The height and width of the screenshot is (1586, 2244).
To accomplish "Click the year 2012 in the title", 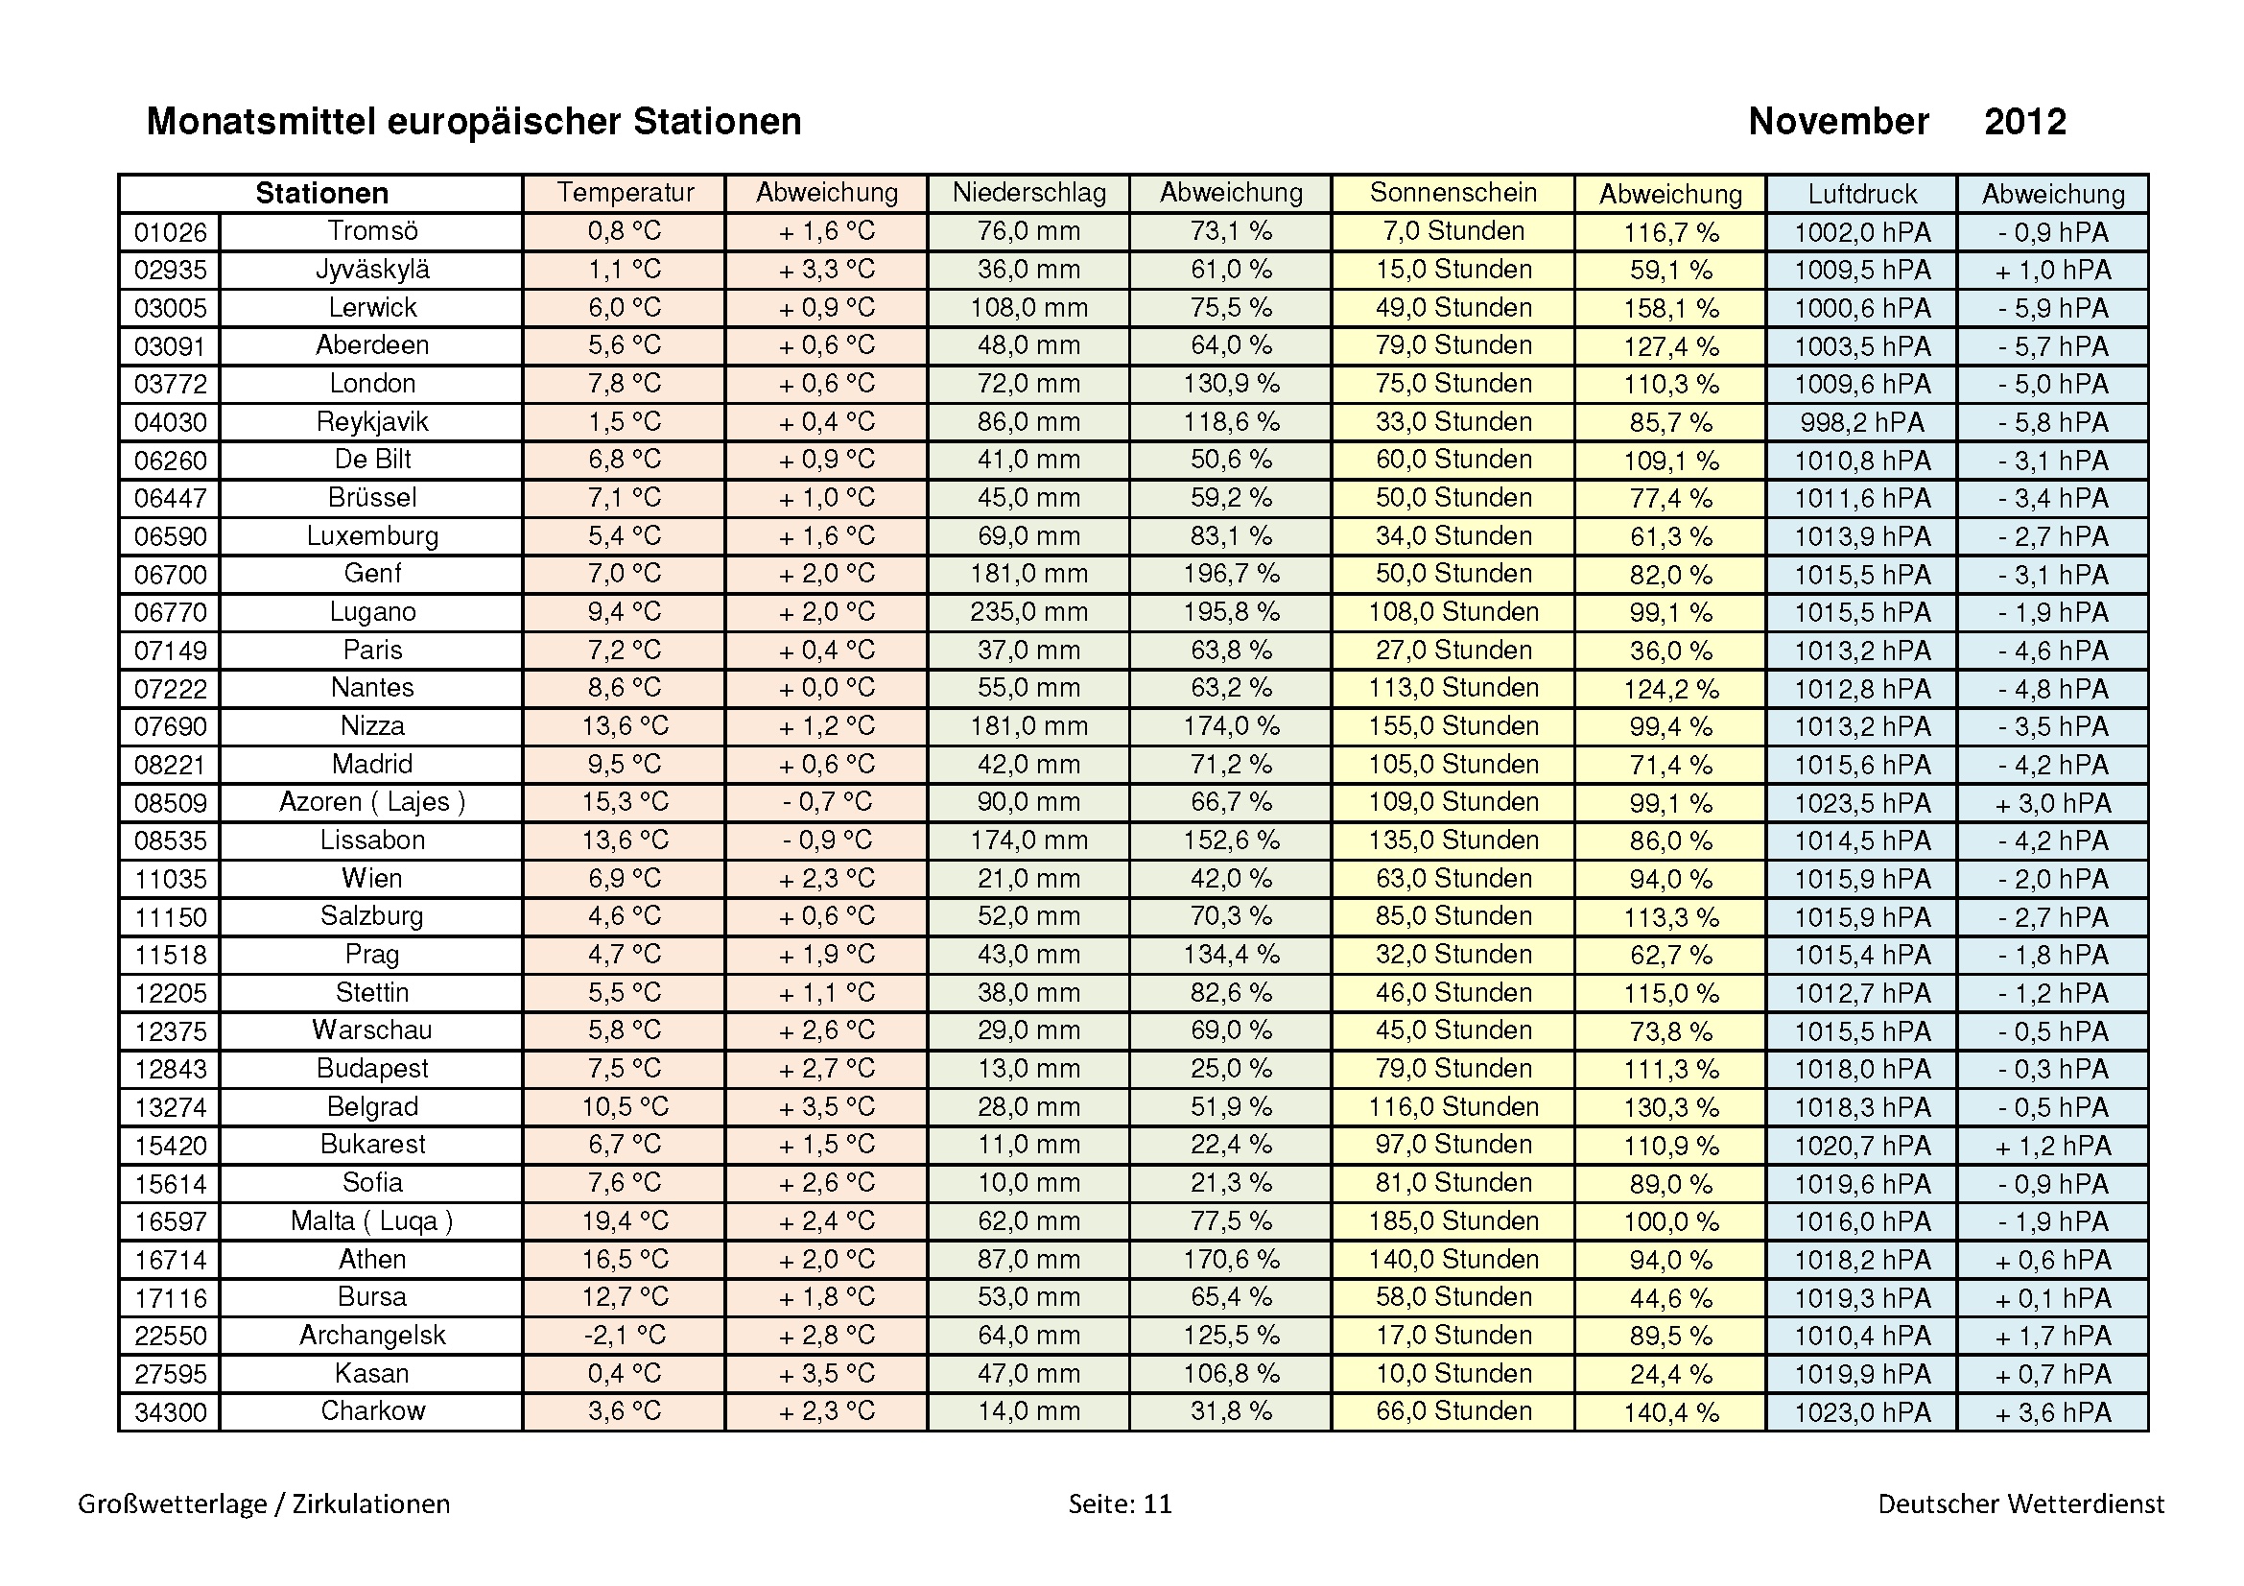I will point(2024,122).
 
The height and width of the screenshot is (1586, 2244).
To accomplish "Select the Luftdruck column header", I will point(1862,194).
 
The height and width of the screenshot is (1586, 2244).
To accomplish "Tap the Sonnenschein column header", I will point(1453,193).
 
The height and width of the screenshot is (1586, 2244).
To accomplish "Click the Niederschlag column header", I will point(1028,193).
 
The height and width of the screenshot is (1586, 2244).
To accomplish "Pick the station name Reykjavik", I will point(372,422).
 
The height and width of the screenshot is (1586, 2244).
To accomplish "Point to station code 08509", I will point(170,803).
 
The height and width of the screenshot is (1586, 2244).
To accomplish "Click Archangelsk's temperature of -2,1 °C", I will point(625,1335).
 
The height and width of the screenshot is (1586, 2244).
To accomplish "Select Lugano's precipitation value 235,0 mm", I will point(1028,612).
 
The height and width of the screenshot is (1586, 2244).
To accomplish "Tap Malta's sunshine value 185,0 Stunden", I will point(1453,1220).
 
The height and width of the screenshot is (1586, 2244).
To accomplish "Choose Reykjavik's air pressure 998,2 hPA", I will point(1862,422).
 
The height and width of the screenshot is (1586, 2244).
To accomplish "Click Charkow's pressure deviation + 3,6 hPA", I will point(2052,1412).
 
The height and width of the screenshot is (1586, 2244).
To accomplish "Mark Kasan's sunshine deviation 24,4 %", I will point(1670,1374).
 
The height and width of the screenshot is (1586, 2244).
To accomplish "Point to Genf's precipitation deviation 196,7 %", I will point(1231,574).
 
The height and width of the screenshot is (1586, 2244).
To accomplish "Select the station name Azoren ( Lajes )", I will point(372,802).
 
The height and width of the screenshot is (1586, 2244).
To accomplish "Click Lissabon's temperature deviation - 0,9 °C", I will point(826,840).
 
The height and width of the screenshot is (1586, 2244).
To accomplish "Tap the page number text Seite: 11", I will point(1119,1503).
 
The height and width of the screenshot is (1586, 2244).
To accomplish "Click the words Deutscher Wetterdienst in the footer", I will point(2020,1503).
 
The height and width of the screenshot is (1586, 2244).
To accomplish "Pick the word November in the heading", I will point(1838,122).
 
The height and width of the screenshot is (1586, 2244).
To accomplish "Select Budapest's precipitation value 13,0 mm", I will point(1028,1069).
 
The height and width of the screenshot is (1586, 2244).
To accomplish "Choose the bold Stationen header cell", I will point(321,194).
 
